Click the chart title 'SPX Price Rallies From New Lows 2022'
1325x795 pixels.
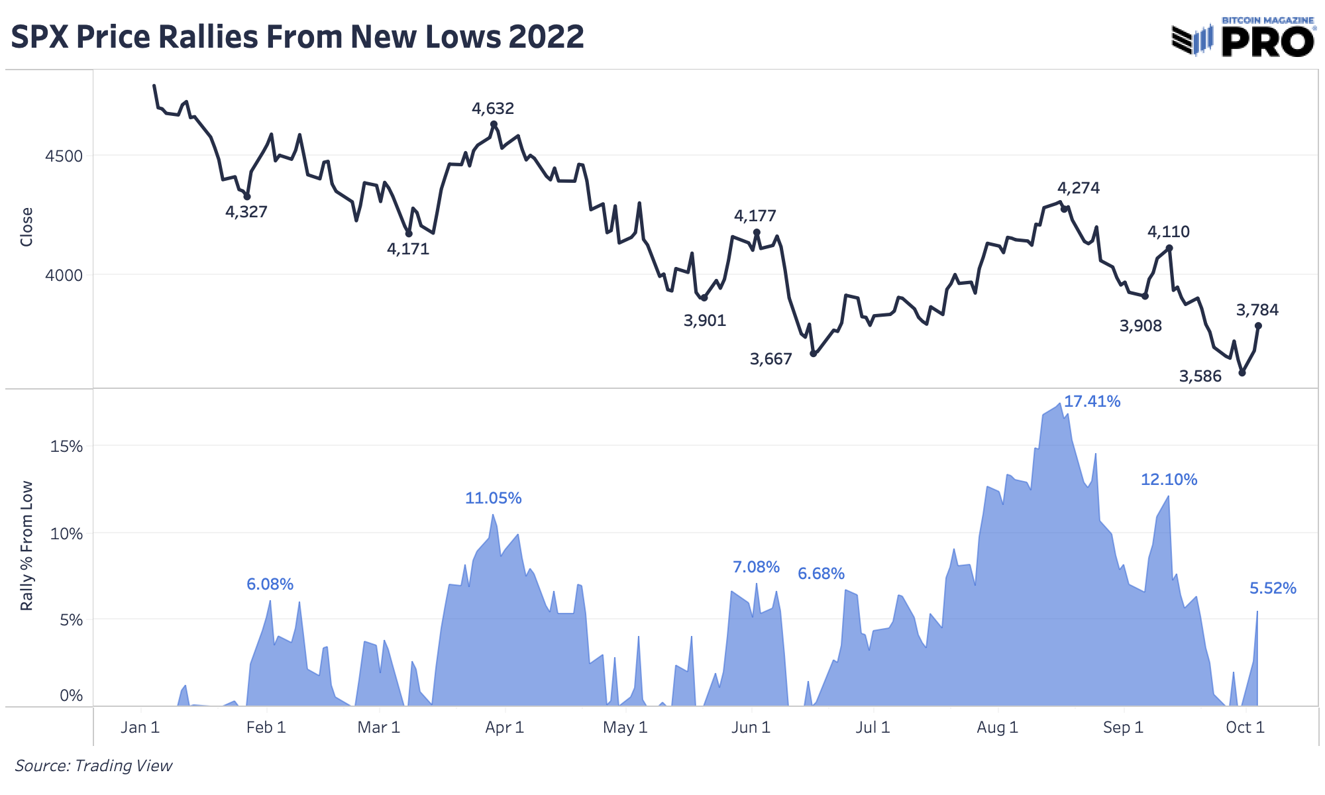pyautogui.click(x=297, y=37)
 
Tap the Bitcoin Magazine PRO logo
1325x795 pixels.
pyautogui.click(x=1243, y=37)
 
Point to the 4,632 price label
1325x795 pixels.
pyautogui.click(x=493, y=109)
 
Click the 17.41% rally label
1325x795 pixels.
pyautogui.click(x=1092, y=401)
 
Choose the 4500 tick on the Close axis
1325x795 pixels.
pyautogui.click(x=64, y=156)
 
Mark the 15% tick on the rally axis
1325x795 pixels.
pyautogui.click(x=66, y=447)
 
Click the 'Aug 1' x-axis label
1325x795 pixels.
pyautogui.click(x=997, y=727)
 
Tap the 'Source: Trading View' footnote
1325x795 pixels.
pyautogui.click(x=93, y=766)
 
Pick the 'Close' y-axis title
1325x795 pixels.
pyautogui.click(x=26, y=227)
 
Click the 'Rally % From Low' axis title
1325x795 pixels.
pyautogui.click(x=26, y=546)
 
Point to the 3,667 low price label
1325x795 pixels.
pyautogui.click(x=770, y=359)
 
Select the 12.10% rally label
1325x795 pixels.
pyautogui.click(x=1169, y=480)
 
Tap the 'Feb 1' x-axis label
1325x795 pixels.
pyautogui.click(x=266, y=727)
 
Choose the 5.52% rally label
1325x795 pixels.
pyautogui.click(x=1273, y=588)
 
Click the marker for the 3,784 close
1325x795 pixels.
pyautogui.click(x=1258, y=326)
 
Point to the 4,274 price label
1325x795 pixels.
pyautogui.click(x=1079, y=188)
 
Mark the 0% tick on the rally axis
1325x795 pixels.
pyautogui.click(x=71, y=696)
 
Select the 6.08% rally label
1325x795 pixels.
pyautogui.click(x=270, y=584)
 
